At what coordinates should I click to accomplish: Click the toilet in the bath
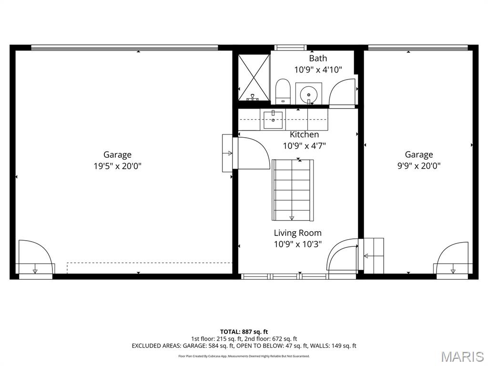[283, 91]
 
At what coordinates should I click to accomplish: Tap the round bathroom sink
[309, 93]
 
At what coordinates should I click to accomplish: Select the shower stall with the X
[254, 78]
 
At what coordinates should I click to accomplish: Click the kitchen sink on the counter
[273, 120]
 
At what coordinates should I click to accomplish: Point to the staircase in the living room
[293, 190]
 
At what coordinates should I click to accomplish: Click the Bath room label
[318, 58]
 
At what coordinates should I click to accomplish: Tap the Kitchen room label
[304, 134]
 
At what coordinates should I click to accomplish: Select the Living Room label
[297, 233]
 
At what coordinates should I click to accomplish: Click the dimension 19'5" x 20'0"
[118, 166]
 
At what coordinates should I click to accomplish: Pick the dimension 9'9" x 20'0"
[419, 166]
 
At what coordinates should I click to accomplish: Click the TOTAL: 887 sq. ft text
[244, 332]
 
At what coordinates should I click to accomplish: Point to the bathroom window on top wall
[291, 47]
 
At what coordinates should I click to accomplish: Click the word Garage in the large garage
[118, 155]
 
